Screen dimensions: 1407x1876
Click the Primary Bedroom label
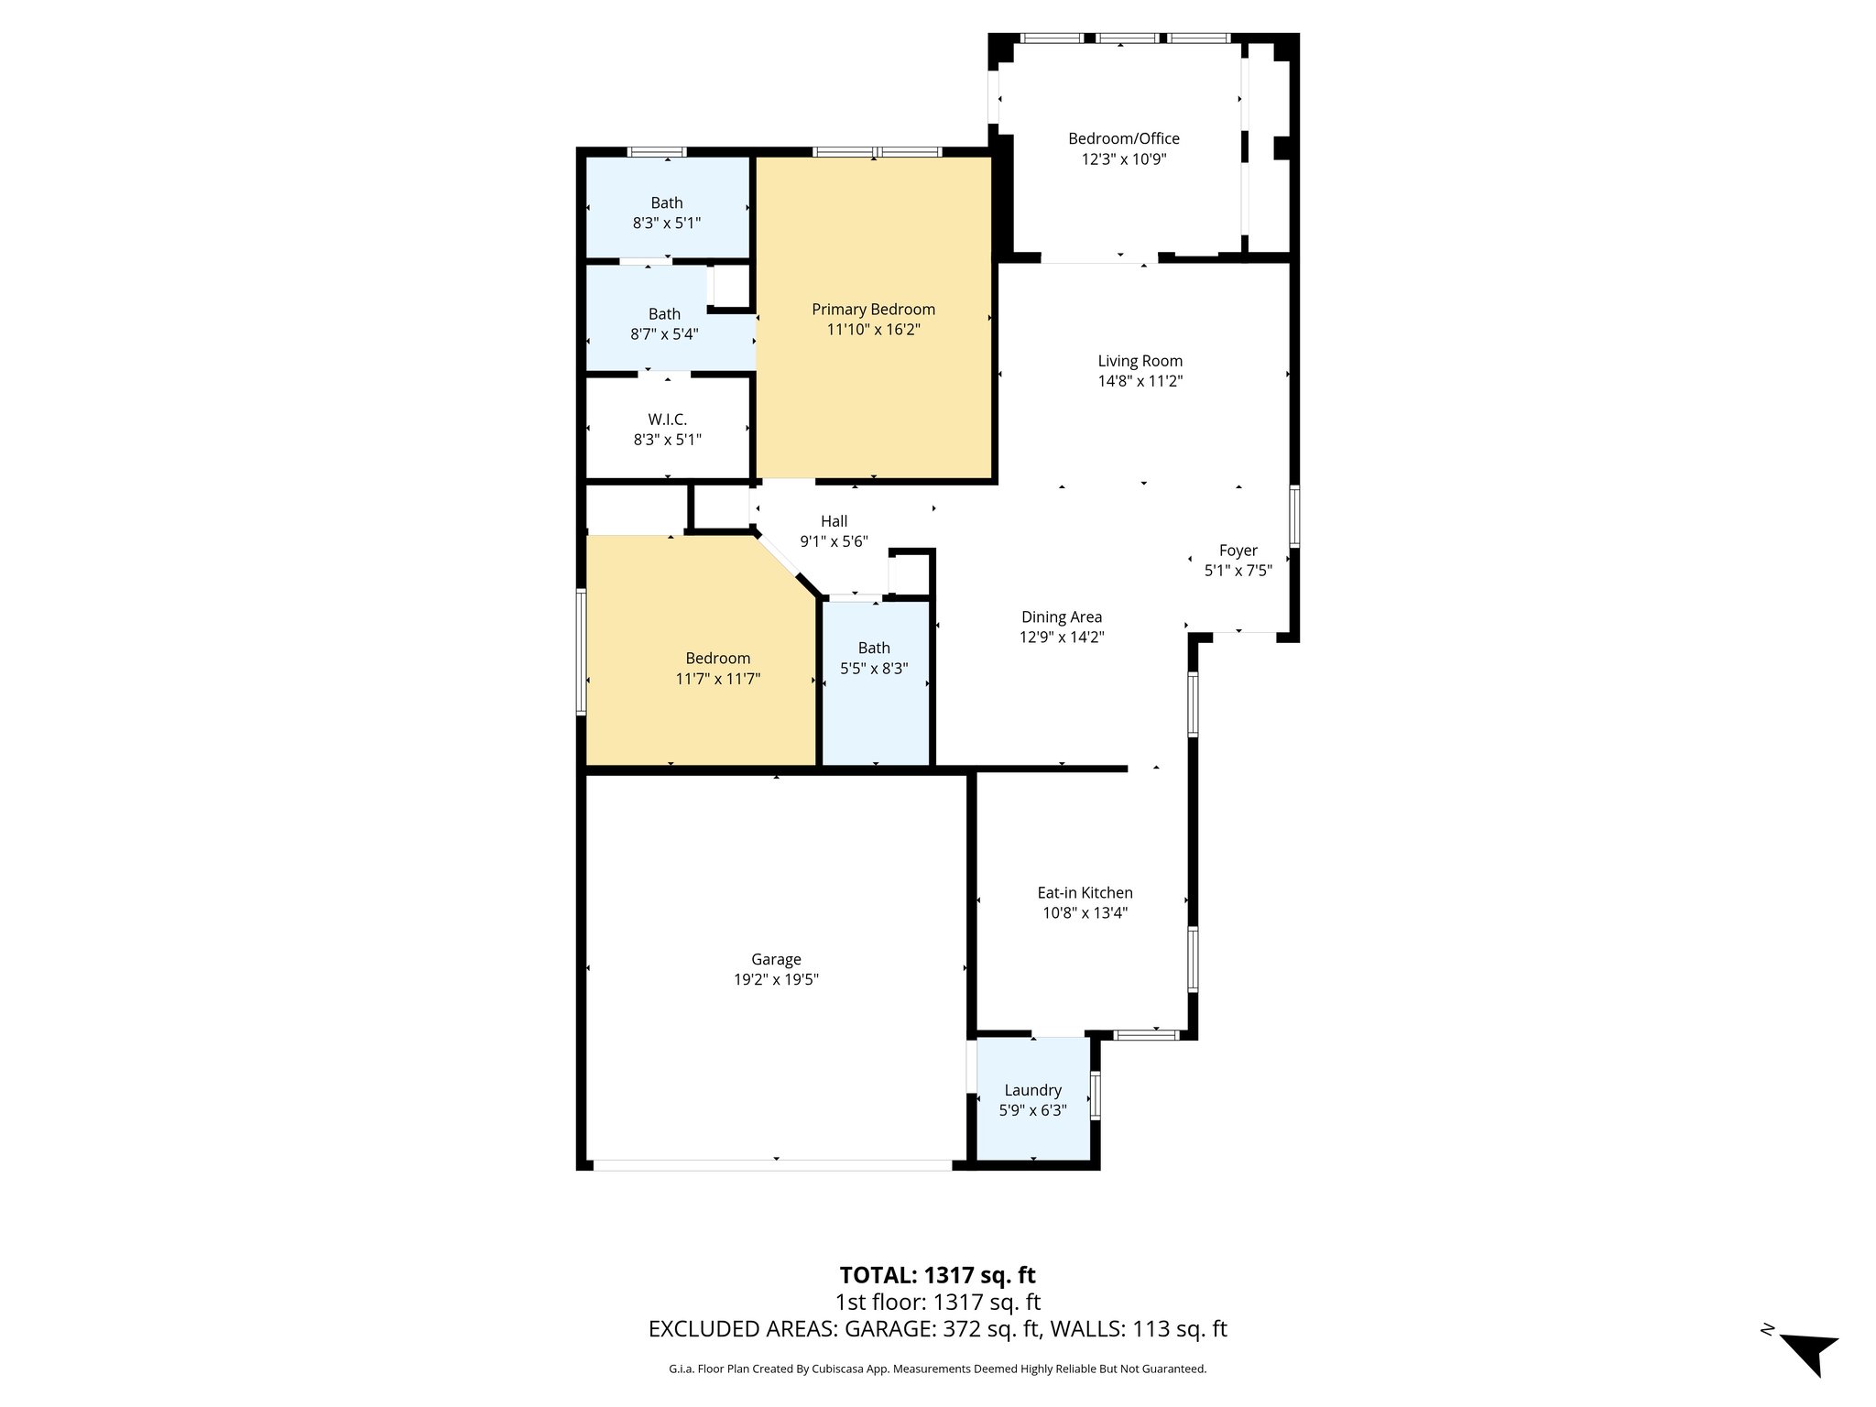tap(873, 310)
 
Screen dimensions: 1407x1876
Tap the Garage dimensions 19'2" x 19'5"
tap(776, 979)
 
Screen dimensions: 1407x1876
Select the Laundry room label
tap(1032, 1090)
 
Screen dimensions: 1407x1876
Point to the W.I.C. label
tap(667, 420)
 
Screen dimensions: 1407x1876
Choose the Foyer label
tap(1238, 551)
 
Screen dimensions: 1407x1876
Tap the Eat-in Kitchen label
tap(1085, 892)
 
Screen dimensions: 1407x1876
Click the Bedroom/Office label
tap(1123, 138)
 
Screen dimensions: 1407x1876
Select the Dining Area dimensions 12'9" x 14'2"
tap(1062, 638)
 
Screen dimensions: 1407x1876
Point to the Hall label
tap(834, 521)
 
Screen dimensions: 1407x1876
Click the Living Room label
tap(1140, 361)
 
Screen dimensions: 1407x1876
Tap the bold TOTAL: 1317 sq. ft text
tap(937, 1275)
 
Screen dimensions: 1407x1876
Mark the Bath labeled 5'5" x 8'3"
tap(874, 649)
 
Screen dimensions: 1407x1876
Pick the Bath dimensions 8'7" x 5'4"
tap(664, 334)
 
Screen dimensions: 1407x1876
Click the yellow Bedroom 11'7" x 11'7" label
tap(717, 659)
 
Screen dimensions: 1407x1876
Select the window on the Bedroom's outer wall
tap(581, 651)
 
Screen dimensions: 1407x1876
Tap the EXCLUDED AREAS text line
tap(937, 1329)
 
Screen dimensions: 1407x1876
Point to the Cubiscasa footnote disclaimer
tap(937, 1369)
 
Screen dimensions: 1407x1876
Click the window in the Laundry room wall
tap(1096, 1095)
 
